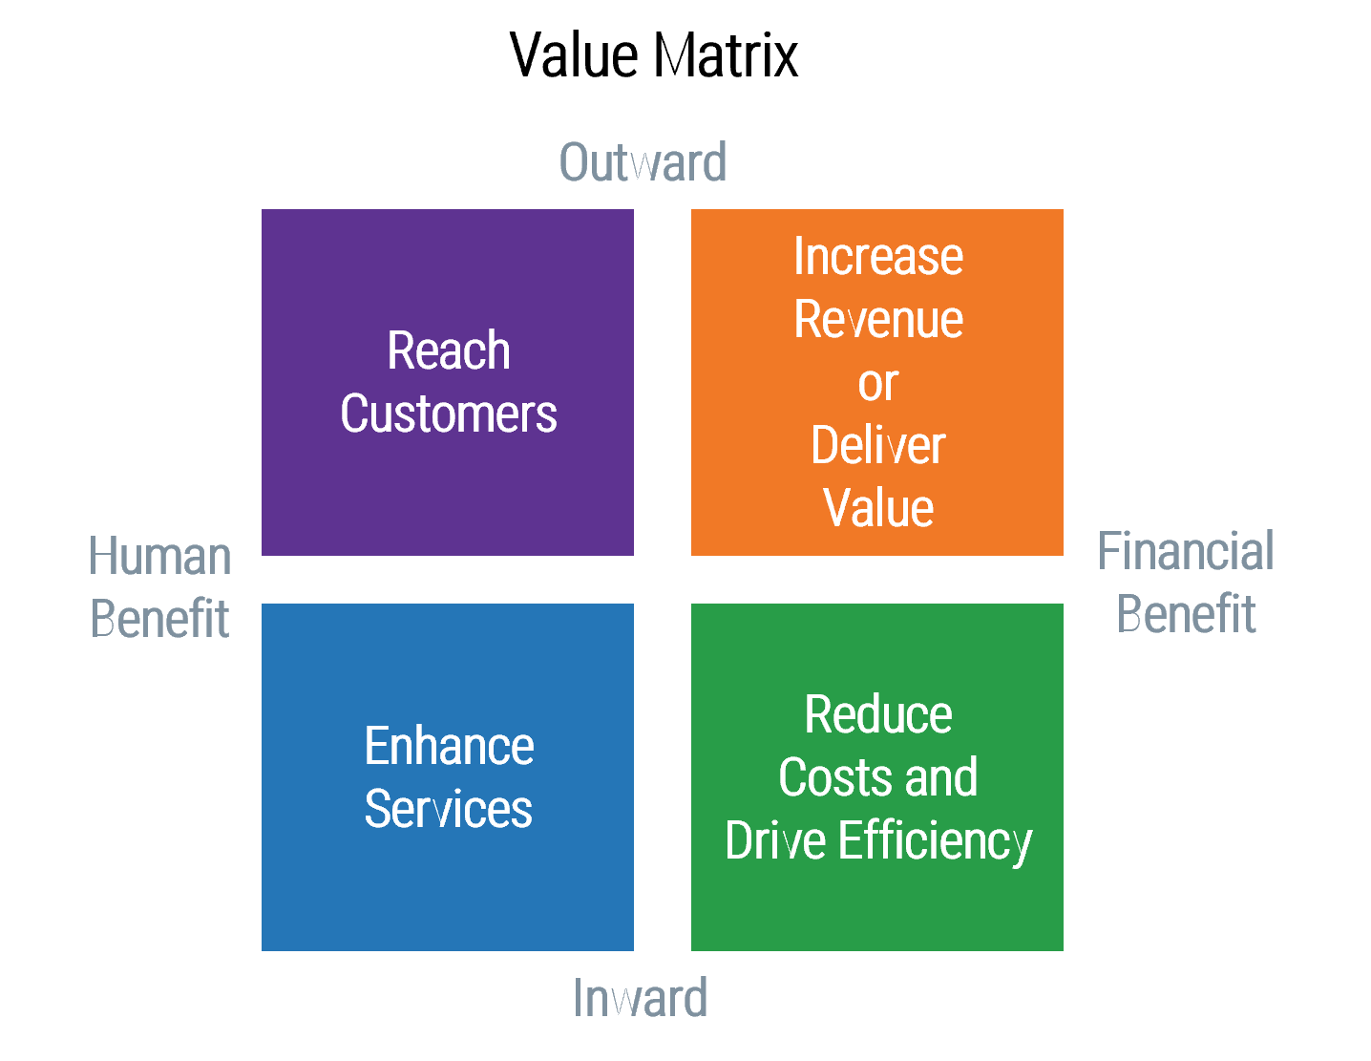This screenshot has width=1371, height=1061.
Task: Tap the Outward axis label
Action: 643,162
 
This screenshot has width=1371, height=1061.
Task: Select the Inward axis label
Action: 640,999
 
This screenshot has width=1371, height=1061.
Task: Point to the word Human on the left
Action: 160,557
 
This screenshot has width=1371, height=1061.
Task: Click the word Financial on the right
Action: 1186,552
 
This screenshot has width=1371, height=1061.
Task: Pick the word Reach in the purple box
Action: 448,350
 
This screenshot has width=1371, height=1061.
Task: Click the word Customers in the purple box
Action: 448,414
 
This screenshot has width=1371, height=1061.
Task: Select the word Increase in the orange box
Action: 878,256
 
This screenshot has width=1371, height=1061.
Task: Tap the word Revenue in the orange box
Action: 878,319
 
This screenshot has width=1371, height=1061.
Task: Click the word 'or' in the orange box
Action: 878,384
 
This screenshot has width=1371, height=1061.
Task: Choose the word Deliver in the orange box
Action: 878,445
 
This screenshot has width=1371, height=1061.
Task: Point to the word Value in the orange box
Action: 878,508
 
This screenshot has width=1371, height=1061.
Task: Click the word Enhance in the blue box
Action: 449,746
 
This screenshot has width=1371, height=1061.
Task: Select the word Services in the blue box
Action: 449,809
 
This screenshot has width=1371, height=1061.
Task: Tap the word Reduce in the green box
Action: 878,715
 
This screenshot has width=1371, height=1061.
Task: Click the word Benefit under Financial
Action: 1186,614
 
